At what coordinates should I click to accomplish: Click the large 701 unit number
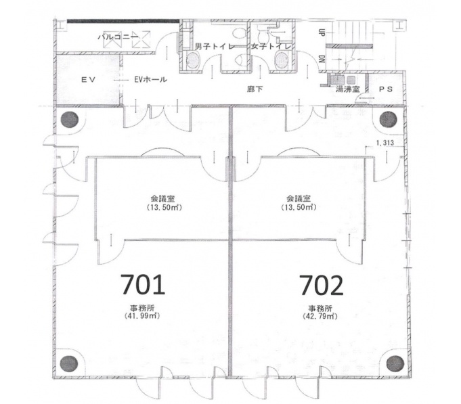click(143, 284)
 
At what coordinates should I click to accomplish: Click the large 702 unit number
click(321, 284)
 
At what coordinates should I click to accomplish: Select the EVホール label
click(150, 79)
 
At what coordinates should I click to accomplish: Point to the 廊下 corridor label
click(255, 89)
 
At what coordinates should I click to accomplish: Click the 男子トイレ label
click(215, 47)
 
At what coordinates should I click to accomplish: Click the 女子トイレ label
click(271, 47)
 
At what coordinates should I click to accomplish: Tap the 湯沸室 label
click(347, 89)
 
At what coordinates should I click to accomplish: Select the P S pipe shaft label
click(386, 89)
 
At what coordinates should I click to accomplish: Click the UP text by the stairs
click(322, 32)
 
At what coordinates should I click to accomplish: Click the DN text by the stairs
click(322, 59)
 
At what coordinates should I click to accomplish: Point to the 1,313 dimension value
click(385, 143)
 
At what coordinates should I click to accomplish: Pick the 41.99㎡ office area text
click(142, 316)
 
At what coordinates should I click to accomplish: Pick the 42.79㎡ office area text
click(320, 317)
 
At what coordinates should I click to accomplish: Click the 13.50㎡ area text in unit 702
click(299, 208)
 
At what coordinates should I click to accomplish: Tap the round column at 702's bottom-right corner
click(395, 364)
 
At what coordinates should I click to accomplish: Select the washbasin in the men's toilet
click(193, 59)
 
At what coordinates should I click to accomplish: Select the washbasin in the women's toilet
click(283, 59)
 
